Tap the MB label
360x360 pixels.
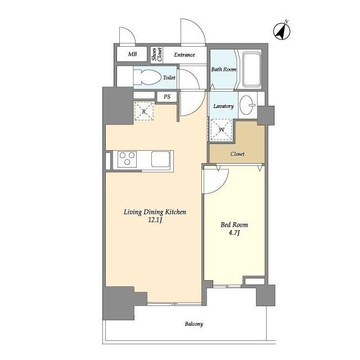click(133, 54)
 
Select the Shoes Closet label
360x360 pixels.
click(157, 55)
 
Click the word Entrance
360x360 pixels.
click(184, 55)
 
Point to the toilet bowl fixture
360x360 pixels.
click(147, 77)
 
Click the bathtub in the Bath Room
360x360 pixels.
click(251, 70)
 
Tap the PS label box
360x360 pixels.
click(167, 97)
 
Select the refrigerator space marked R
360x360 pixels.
click(144, 111)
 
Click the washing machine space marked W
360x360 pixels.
click(221, 129)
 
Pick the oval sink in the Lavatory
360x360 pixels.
click(247, 105)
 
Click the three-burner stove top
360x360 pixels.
click(127, 159)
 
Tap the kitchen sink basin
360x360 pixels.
click(160, 159)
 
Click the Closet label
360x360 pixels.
click(237, 154)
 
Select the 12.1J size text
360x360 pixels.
click(155, 220)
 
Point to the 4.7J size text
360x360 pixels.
click(234, 233)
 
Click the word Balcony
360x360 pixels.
click(194, 324)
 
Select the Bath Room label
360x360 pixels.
click(224, 69)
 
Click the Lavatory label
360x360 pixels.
click(223, 106)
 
